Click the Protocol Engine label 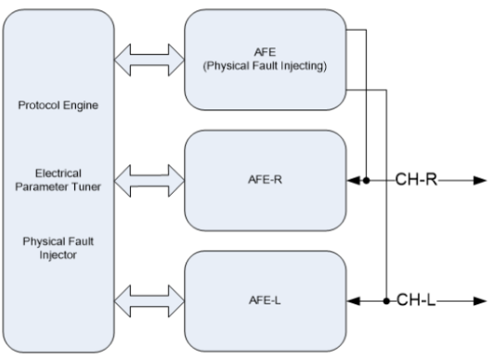[x=58, y=106]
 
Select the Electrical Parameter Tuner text [x=58, y=180]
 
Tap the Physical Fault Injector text [x=58, y=249]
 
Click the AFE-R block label [x=265, y=180]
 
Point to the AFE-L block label [x=265, y=301]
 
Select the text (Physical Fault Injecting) [x=265, y=66]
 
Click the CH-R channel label [x=416, y=180]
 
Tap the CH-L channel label [x=416, y=300]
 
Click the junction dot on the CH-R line [x=366, y=181]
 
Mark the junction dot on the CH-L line [x=386, y=302]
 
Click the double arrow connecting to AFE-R [x=149, y=181]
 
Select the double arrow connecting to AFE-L [x=149, y=302]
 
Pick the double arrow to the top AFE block [x=149, y=59]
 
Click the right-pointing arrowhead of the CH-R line [x=480, y=181]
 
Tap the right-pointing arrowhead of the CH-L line [x=480, y=302]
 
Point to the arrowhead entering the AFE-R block [x=353, y=181]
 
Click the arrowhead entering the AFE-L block [x=353, y=302]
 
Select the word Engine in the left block [x=81, y=106]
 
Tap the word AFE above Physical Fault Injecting [x=265, y=52]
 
